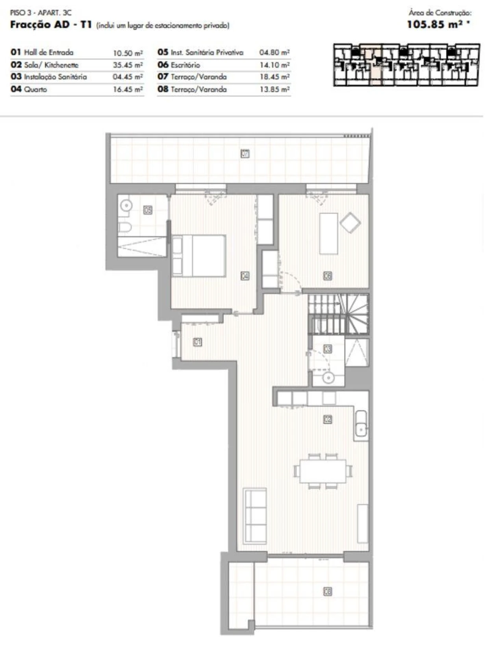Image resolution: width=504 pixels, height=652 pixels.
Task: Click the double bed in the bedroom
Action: click(x=199, y=256)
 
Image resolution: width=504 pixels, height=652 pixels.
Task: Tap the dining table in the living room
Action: click(x=323, y=471)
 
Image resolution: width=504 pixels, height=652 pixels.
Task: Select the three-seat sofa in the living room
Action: click(x=255, y=515)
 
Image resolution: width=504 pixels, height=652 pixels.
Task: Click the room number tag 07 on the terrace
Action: click(x=245, y=153)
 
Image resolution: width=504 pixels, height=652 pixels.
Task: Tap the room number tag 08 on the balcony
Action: click(x=328, y=591)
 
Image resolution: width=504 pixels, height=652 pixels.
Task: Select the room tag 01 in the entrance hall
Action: click(x=198, y=342)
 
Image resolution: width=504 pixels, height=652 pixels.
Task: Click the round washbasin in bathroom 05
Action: click(x=126, y=205)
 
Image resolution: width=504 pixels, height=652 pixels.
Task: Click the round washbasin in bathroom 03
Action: click(x=328, y=378)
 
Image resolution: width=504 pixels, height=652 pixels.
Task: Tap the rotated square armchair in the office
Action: click(x=350, y=223)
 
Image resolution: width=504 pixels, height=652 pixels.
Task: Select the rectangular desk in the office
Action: click(x=328, y=233)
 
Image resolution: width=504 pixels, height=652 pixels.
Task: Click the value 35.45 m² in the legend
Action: click(x=128, y=65)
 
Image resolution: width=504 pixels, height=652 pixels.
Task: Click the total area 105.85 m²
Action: click(x=438, y=24)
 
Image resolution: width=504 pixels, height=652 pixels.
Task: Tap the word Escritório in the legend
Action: click(x=185, y=65)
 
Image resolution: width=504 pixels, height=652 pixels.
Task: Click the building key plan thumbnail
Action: click(x=406, y=65)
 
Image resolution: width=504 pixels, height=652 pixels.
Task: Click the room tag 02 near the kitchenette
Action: click(x=328, y=419)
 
